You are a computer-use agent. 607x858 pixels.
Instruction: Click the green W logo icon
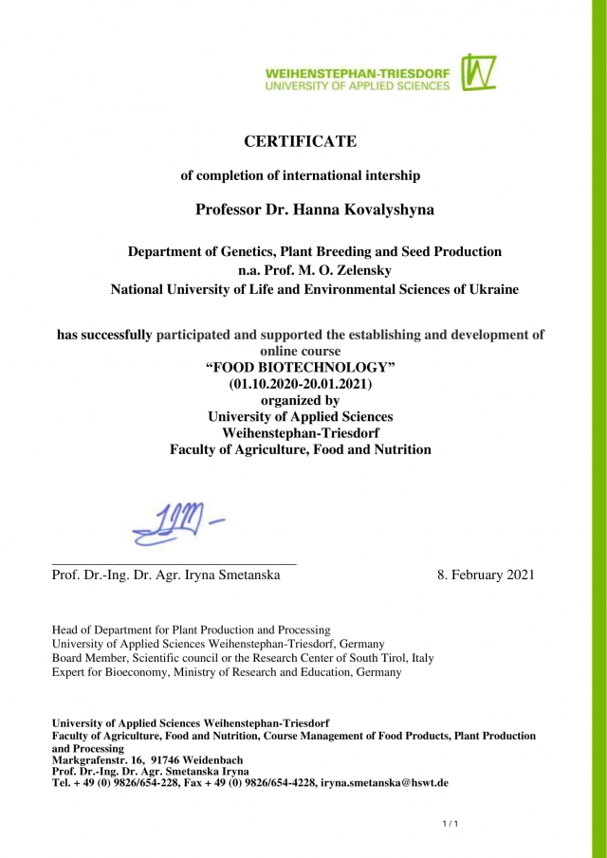point(479,72)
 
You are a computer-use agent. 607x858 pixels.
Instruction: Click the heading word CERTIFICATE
point(301,141)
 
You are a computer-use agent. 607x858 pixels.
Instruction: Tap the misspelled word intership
point(387,175)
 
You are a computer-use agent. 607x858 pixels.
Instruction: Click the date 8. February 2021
point(486,575)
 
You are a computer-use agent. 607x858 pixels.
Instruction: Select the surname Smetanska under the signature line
point(243,575)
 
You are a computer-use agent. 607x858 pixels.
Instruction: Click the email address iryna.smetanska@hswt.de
point(384,783)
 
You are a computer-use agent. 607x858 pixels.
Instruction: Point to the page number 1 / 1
point(451,823)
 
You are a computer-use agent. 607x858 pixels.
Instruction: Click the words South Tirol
point(367,657)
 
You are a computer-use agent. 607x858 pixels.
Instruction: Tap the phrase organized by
point(301,400)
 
